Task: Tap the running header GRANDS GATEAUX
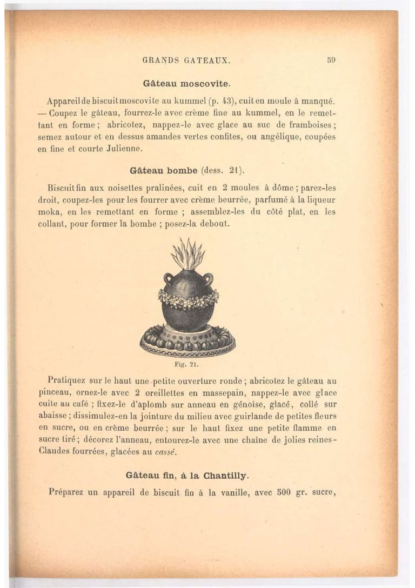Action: click(x=186, y=61)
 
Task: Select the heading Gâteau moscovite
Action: click(x=187, y=84)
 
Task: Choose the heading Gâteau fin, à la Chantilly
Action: click(x=187, y=476)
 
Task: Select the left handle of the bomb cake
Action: click(x=168, y=279)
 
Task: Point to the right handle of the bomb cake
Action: click(x=208, y=279)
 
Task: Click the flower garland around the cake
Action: click(x=188, y=298)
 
